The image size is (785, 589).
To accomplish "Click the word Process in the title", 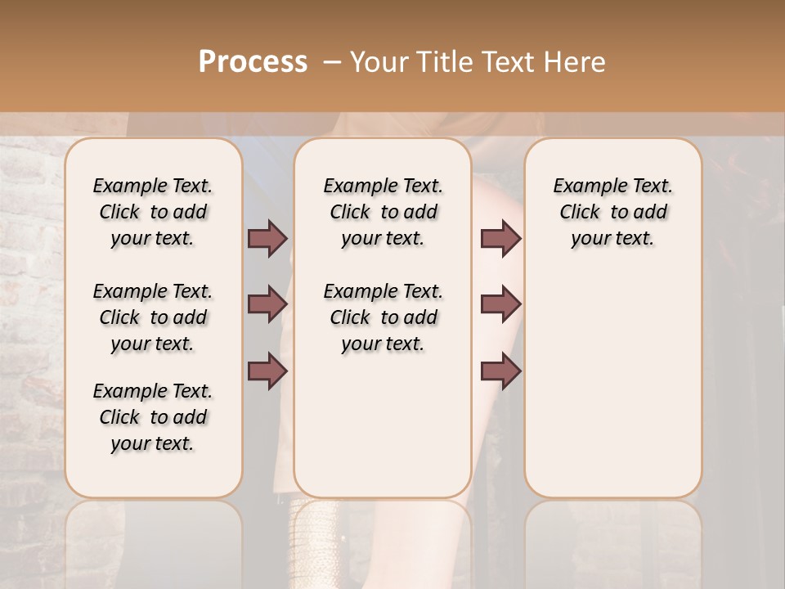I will pos(253,62).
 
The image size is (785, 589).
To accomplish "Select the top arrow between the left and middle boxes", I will pos(267,238).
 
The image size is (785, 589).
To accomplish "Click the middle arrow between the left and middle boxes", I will pos(267,304).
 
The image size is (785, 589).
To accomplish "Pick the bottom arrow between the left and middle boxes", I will pos(267,371).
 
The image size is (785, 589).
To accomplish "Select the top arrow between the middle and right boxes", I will pos(500,238).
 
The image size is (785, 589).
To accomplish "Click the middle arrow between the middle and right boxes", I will pos(500,304).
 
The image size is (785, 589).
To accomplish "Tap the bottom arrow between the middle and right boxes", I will pos(500,371).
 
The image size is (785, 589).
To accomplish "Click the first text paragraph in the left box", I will pos(153,212).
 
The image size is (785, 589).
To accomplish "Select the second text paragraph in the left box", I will pos(153,317).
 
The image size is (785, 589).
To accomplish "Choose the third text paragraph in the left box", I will pos(153,417).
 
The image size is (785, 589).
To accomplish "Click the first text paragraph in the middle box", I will pos(383,212).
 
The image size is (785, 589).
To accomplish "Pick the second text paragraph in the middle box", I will pos(383,317).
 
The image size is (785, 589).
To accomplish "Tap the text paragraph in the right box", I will pos(612,212).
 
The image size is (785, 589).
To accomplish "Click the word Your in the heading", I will pos(379,62).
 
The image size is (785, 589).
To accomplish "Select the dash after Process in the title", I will pos(332,62).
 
